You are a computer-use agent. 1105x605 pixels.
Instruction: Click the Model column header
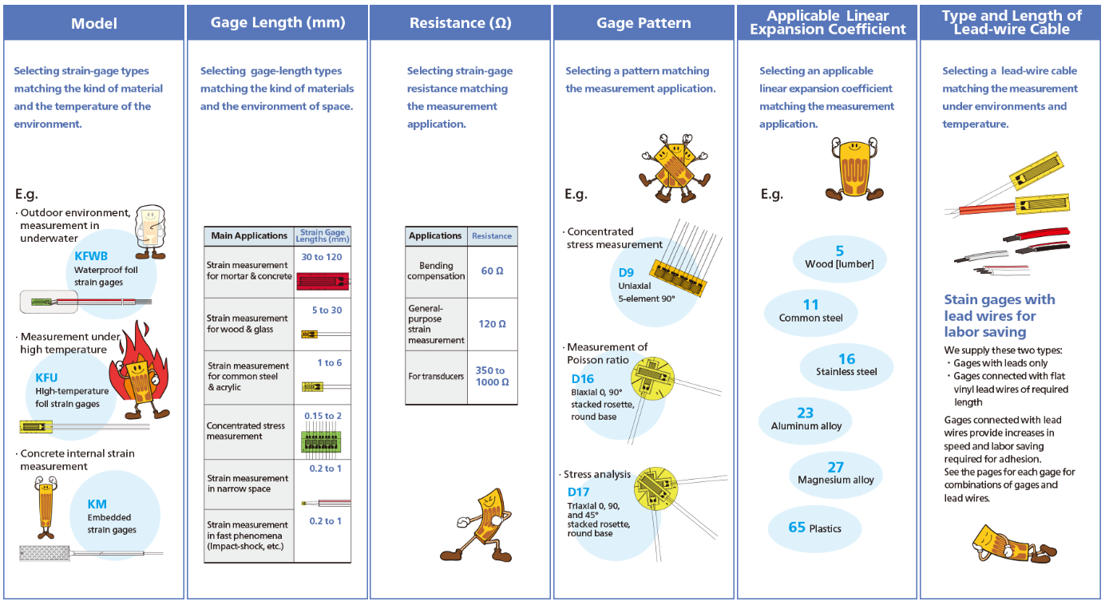[94, 23]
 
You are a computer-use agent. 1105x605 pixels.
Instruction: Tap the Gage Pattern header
[644, 23]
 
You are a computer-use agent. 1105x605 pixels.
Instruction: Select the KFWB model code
[90, 256]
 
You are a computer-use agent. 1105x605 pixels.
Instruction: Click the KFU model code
[46, 378]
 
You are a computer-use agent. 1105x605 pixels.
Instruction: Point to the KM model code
[97, 504]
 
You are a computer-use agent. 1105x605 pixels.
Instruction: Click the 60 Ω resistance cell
[492, 271]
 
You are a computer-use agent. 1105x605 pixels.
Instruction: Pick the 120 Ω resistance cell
[492, 324]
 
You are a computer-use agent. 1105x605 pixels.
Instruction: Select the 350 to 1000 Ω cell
[492, 376]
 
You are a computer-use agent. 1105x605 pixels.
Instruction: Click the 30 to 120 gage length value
[322, 257]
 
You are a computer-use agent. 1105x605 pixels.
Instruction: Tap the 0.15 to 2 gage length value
[323, 416]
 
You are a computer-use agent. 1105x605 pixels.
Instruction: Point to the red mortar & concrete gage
[323, 280]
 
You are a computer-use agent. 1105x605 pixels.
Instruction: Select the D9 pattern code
[626, 272]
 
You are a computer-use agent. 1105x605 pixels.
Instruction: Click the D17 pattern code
[578, 492]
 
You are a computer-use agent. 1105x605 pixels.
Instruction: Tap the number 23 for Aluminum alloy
[805, 413]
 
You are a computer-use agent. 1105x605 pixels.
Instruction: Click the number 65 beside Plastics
[797, 527]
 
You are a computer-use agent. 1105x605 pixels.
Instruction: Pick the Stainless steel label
[846, 372]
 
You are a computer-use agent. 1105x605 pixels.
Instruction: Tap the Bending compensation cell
[436, 271]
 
